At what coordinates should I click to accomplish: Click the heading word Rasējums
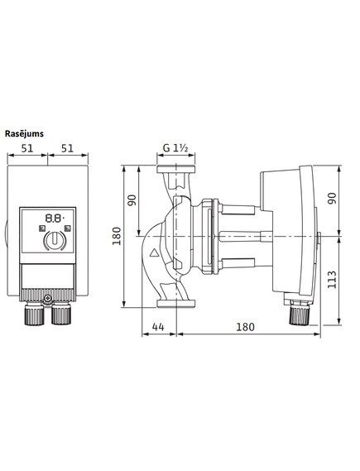(24, 133)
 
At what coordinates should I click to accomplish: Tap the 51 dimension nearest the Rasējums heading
(27, 148)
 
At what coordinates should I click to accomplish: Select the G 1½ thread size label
(175, 148)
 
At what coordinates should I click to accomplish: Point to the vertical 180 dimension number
(117, 236)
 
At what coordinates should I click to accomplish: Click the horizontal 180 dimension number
(245, 326)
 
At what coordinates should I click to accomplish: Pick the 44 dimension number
(158, 326)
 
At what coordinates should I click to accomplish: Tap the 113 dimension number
(332, 280)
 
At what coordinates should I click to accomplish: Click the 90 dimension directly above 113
(332, 199)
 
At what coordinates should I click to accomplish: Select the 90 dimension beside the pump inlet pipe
(132, 200)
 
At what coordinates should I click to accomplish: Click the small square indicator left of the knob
(41, 228)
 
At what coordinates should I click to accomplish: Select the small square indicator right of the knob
(67, 228)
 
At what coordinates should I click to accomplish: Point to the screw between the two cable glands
(47, 299)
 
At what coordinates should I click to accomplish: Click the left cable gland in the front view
(34, 314)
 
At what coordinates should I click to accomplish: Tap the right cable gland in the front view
(61, 314)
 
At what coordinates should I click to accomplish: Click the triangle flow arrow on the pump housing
(155, 252)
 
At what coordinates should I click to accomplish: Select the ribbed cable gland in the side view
(300, 315)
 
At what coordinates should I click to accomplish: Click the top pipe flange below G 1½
(176, 169)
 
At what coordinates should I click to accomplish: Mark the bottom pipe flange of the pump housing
(176, 304)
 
